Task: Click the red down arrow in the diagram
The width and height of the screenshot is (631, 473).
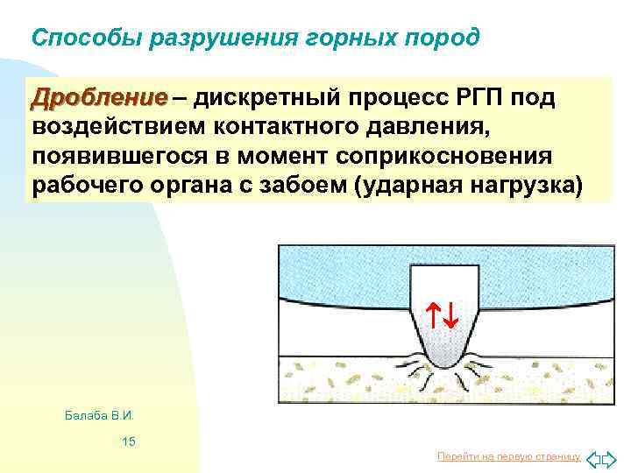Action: [449, 314]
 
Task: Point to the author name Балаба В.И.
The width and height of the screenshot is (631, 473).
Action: [104, 413]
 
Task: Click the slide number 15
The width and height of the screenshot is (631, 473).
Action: [128, 441]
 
